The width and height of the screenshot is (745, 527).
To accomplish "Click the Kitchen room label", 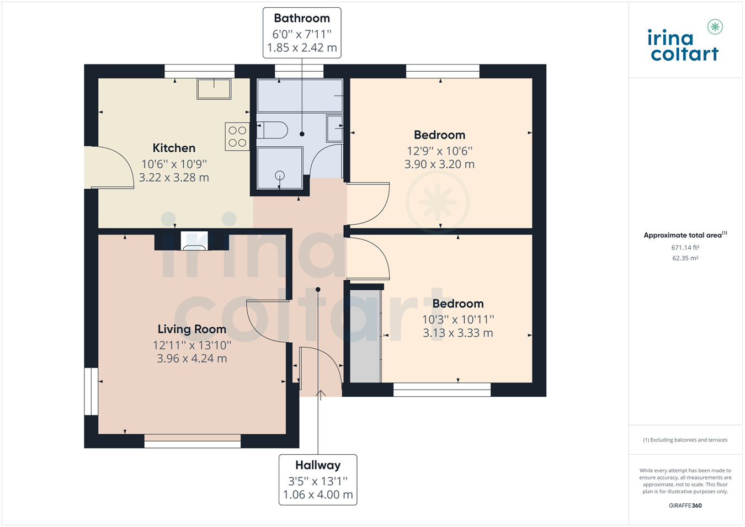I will point(174,148).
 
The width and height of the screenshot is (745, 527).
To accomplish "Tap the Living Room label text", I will point(191,329).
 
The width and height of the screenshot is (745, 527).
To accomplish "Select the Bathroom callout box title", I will point(302,18).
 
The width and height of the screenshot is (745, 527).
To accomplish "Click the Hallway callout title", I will point(318,465).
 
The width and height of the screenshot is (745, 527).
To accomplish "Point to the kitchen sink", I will point(214,89).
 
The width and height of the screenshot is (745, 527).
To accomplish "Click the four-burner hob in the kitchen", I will point(237,136).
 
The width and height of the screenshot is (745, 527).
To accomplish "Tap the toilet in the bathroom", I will point(273,130).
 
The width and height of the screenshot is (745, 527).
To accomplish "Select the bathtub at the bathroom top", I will point(300,95).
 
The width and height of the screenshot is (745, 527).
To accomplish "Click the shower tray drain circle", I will point(280,175).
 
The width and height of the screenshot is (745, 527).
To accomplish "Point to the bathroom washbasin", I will point(334,129).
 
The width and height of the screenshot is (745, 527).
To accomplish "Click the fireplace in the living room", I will point(194,241).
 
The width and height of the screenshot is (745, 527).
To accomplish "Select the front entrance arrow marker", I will point(321,394).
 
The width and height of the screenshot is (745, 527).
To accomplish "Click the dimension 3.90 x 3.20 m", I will point(439,164).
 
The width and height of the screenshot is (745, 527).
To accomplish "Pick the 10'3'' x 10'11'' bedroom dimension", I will point(457,320).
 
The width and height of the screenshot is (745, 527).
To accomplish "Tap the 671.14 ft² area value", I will point(685,248).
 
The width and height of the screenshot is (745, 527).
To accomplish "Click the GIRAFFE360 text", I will point(685,505).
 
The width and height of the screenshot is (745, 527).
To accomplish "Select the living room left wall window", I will point(91,391).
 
